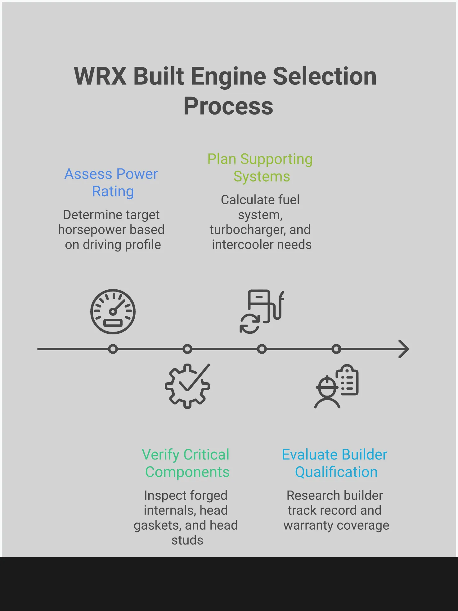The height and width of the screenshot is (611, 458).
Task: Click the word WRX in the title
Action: tap(100, 76)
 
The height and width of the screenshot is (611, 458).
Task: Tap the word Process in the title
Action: tap(228, 106)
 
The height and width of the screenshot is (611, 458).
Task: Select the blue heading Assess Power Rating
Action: tap(111, 183)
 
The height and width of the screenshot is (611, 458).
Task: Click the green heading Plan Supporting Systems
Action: tap(260, 168)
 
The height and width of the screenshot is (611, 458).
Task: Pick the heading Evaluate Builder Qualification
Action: tap(335, 463)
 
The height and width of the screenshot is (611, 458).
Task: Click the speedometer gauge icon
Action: tap(113, 312)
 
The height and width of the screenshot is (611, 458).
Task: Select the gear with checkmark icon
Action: tap(187, 386)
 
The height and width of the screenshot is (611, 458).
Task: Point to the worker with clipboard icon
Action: tap(337, 387)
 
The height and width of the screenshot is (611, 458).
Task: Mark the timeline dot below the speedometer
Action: tap(113, 349)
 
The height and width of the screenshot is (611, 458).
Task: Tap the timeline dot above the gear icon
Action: tap(187, 349)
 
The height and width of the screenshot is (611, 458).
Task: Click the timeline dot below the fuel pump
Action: tap(262, 349)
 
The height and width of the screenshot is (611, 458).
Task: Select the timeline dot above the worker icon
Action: tap(336, 349)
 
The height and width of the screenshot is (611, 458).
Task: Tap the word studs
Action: tap(187, 540)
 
